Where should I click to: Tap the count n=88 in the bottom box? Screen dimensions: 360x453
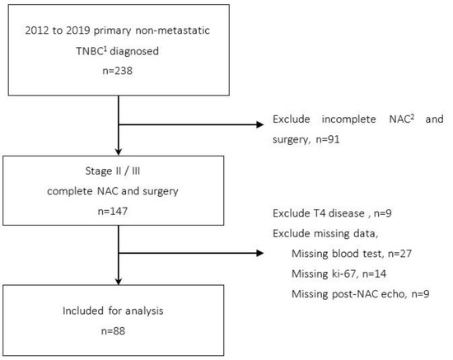click(x=120, y=334)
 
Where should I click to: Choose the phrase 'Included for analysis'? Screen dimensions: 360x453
click(x=120, y=314)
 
